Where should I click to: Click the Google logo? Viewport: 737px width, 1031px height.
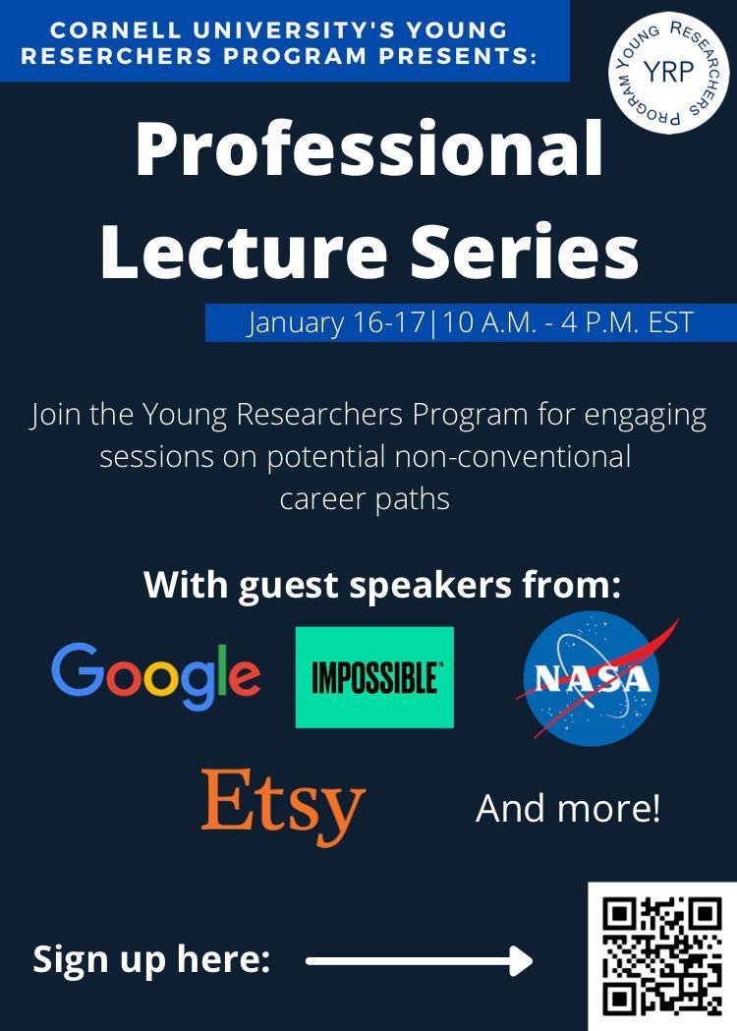[x=156, y=676]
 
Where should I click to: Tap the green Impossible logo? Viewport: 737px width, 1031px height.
[x=374, y=677]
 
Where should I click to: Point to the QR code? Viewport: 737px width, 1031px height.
[x=662, y=956]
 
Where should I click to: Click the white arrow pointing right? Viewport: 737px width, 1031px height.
[x=420, y=961]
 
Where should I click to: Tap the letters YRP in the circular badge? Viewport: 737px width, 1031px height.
[x=668, y=71]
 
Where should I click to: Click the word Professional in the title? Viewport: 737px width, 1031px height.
[x=368, y=149]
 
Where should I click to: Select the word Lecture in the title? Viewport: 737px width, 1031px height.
[x=244, y=251]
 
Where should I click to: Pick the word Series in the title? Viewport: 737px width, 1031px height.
[x=525, y=251]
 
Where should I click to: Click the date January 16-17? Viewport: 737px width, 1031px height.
[x=337, y=323]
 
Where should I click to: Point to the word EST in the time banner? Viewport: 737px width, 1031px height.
[x=670, y=322]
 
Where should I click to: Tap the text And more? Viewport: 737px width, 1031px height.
[x=568, y=808]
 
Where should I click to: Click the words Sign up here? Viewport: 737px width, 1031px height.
[x=152, y=960]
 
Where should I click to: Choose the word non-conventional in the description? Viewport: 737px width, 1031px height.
[x=512, y=456]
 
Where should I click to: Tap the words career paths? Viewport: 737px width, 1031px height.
[x=365, y=499]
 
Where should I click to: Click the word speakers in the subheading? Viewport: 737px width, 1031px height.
[x=430, y=585]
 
